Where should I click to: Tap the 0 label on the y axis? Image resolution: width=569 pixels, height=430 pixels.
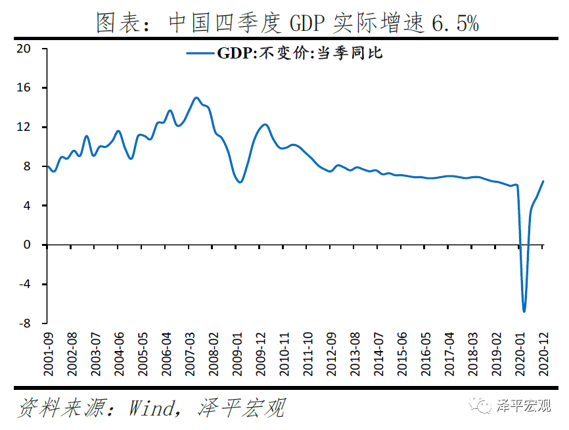tap(27, 245)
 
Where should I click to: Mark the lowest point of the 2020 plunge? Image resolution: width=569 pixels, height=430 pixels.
tap(524, 311)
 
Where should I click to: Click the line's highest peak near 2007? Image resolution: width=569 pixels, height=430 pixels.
tap(196, 98)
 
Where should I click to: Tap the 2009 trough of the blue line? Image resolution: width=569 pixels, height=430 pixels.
tap(240, 182)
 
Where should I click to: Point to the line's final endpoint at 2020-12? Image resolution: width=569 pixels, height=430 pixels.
tap(543, 181)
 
